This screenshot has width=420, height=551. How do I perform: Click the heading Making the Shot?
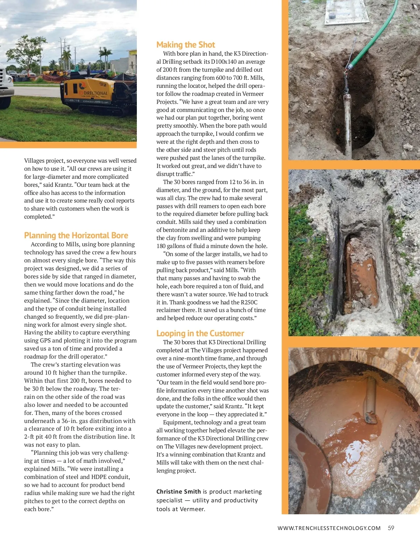[185, 45]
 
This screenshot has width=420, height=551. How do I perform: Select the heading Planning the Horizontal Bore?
[76, 235]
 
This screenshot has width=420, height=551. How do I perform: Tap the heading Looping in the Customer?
[200, 333]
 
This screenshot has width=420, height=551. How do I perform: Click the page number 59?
[391, 528]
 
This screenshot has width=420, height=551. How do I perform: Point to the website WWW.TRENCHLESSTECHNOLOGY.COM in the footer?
[329, 528]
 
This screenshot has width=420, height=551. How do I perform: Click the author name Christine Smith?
[178, 492]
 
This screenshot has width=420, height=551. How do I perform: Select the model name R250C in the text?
[249, 302]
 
